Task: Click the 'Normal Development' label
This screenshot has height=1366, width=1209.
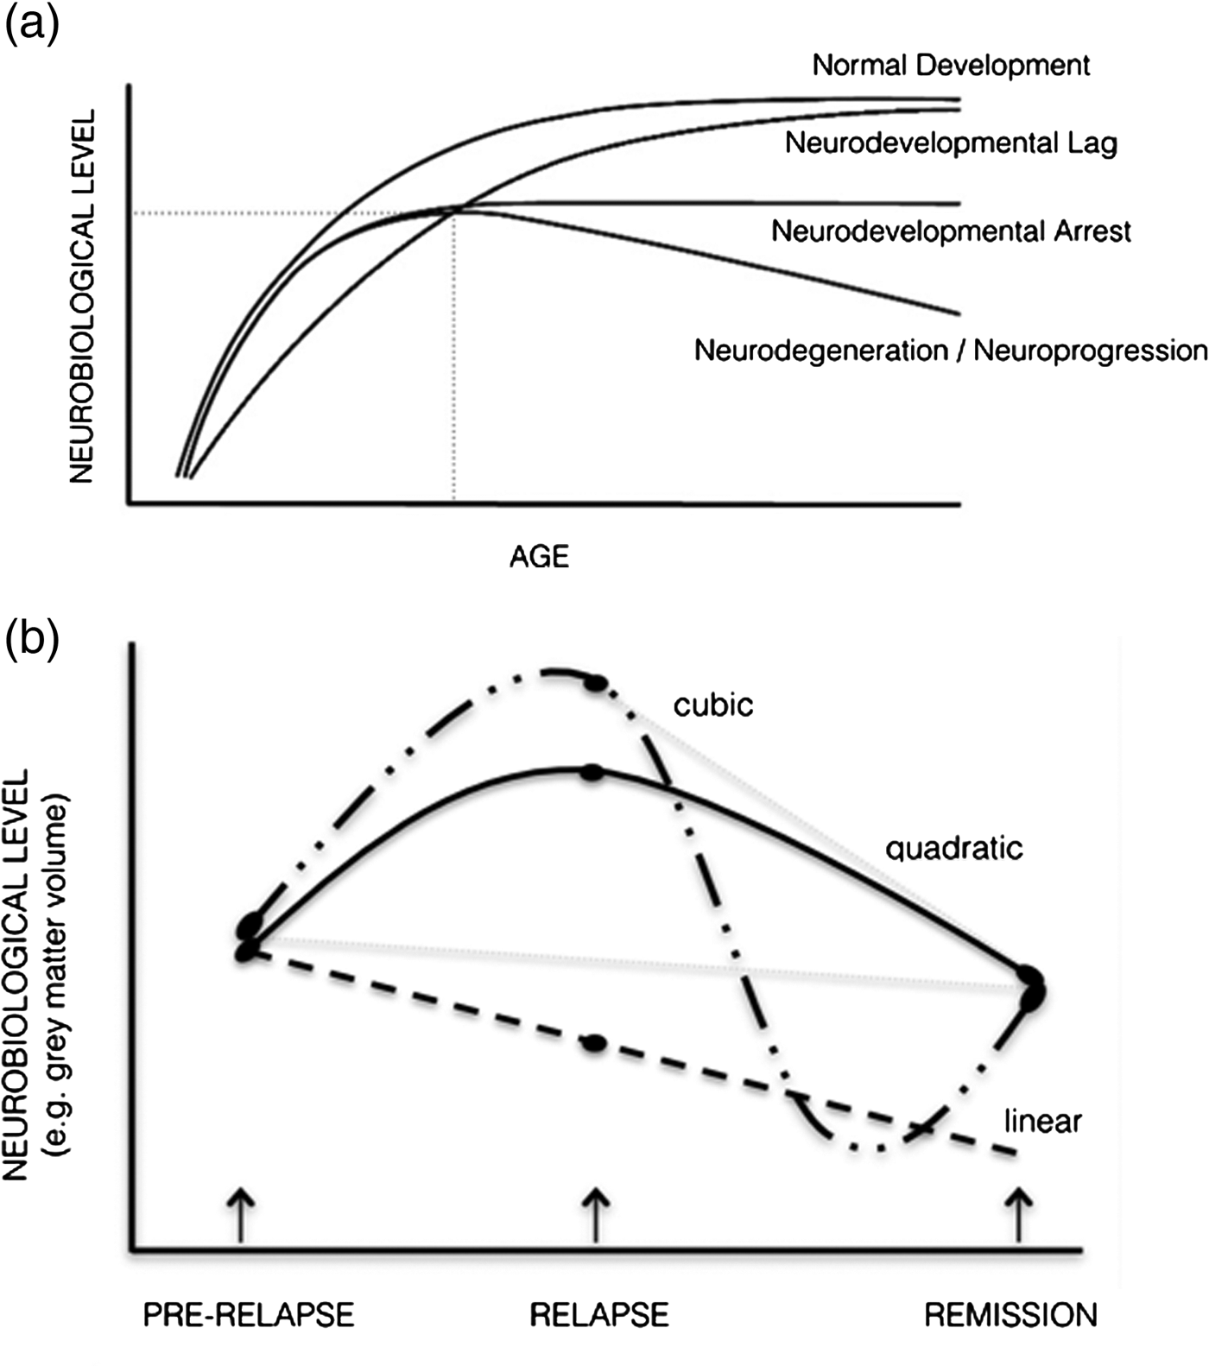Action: (x=951, y=66)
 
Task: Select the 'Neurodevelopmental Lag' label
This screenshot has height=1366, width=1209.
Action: (x=951, y=143)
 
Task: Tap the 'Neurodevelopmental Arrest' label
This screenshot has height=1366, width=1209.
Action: (x=951, y=231)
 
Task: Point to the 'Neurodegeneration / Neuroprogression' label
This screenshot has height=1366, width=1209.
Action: (x=951, y=351)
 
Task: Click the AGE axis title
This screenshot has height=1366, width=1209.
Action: (x=539, y=557)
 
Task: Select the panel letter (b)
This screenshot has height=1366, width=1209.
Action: (x=32, y=639)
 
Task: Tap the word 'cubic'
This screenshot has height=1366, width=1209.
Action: (x=713, y=705)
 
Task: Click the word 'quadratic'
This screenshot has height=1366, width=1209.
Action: (x=954, y=848)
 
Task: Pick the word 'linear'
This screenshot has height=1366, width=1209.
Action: (x=1043, y=1122)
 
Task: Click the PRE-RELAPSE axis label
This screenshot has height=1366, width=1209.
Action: (x=249, y=1315)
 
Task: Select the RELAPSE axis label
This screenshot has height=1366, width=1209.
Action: (x=599, y=1315)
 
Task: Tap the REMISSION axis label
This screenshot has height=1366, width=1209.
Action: (x=1010, y=1315)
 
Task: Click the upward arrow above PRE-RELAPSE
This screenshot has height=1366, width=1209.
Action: (x=241, y=1214)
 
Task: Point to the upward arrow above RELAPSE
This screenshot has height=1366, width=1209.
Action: (x=596, y=1214)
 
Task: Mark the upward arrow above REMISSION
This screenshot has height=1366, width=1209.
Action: (x=1020, y=1214)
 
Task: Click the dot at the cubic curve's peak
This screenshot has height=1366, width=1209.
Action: (x=596, y=684)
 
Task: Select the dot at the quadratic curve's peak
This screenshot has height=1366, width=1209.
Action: (x=592, y=774)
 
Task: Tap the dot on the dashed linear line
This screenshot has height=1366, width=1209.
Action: (x=594, y=1044)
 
